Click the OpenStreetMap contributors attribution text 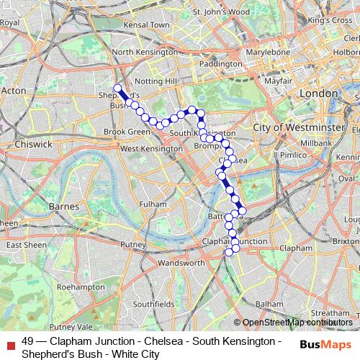(x=297, y=323)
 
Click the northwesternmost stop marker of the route (x=117, y=89)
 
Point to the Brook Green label (x=127, y=132)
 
